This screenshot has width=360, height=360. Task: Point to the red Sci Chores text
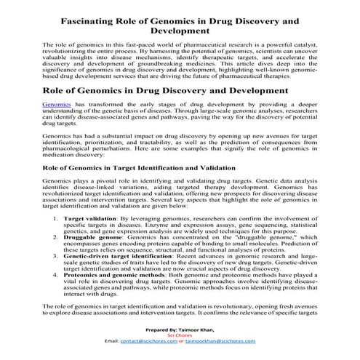179,334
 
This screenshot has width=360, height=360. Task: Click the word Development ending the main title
182,32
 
